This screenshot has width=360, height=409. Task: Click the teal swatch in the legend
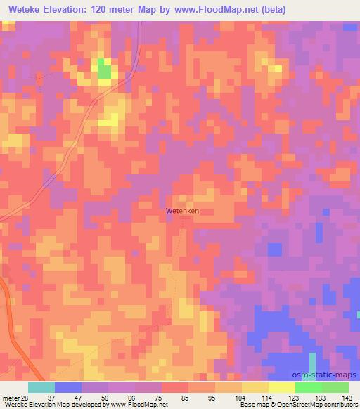(41, 387)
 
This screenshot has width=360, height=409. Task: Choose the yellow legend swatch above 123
(282, 387)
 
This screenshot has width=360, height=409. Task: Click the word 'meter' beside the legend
(9, 398)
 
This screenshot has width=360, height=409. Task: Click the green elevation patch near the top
(104, 68)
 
